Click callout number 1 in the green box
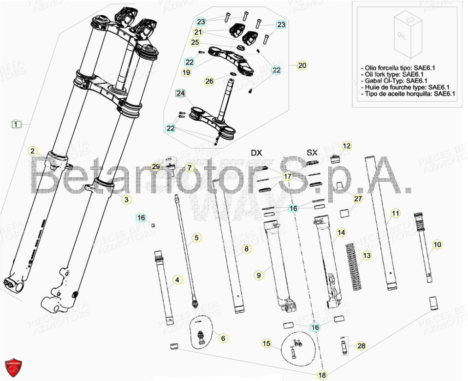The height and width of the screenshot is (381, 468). (16, 124)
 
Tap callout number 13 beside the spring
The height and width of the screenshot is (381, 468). (366, 256)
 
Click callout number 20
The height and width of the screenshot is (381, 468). (302, 65)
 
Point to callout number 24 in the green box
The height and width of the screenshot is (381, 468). (180, 94)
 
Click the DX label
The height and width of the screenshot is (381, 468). (256, 153)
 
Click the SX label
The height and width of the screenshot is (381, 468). (312, 153)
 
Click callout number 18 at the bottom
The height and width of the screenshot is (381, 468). (322, 375)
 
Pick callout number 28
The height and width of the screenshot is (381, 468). (361, 345)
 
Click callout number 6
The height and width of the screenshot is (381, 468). (223, 338)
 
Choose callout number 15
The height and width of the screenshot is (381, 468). (267, 343)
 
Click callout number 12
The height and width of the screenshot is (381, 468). (346, 146)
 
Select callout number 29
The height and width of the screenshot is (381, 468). (156, 167)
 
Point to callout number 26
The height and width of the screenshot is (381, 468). (209, 81)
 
